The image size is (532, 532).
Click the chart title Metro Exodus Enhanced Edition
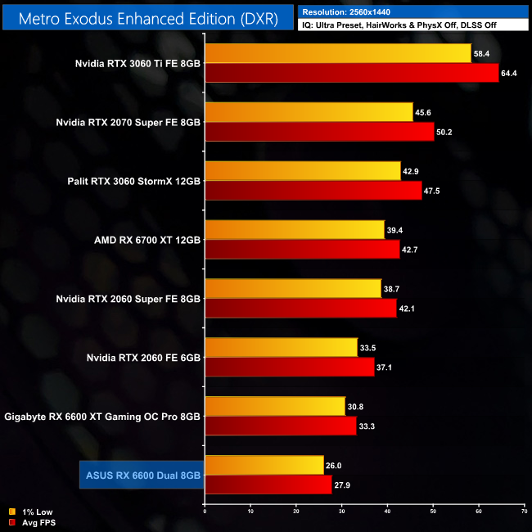[148, 16]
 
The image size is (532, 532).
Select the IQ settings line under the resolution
[413, 25]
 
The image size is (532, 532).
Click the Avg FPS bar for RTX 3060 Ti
[351, 74]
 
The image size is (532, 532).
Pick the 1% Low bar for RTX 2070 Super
[309, 112]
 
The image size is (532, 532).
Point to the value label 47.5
[435, 192]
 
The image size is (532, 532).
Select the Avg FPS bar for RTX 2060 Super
[300, 309]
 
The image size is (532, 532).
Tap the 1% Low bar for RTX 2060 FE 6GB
[281, 347]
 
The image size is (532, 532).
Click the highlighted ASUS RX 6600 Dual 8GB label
[141, 476]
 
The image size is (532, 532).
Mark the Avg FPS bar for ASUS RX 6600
[268, 485]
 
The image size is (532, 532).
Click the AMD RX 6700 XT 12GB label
[147, 240]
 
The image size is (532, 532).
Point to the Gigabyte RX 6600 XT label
[102, 417]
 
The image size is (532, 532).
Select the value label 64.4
[511, 74]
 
